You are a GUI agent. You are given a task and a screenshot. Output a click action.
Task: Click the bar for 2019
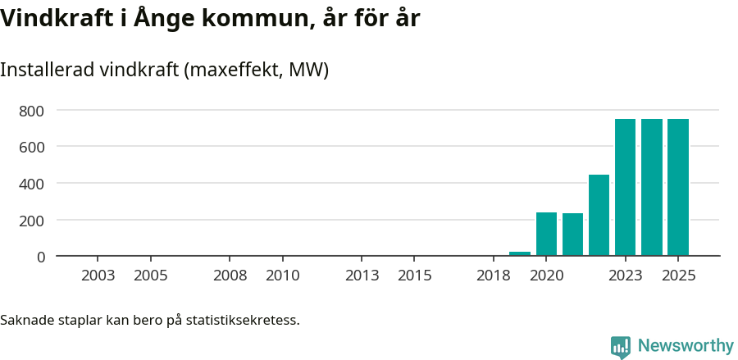click(520, 253)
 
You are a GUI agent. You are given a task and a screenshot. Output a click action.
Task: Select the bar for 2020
click(546, 235)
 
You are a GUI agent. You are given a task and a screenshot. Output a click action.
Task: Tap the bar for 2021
click(572, 235)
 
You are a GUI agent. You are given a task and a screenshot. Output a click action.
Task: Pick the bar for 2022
click(599, 216)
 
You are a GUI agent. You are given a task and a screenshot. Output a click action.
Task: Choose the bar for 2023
click(625, 188)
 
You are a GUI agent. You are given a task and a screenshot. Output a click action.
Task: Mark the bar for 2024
click(652, 188)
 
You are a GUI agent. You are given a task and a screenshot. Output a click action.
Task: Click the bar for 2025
click(678, 188)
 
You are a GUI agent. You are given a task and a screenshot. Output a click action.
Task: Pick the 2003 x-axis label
click(98, 276)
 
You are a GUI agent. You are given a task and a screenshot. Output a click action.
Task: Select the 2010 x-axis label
click(282, 276)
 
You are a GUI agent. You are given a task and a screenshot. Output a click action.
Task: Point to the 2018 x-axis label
click(493, 276)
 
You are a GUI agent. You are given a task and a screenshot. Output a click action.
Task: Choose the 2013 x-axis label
click(362, 276)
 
